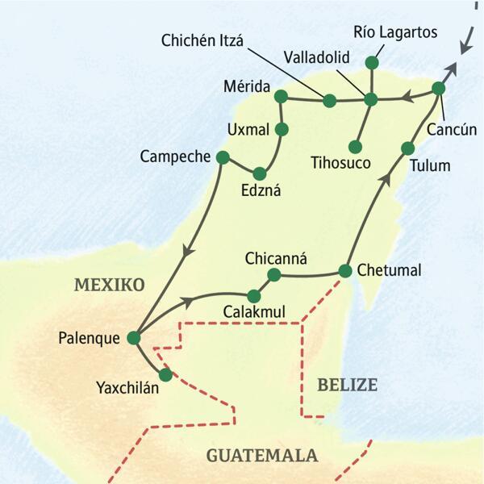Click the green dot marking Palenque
tap(134, 338)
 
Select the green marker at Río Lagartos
tap(371, 62)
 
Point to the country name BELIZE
tap(347, 385)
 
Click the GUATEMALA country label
tap(261, 456)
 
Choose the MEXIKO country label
tap(109, 285)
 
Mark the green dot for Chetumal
tap(345, 270)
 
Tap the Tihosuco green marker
tap(354, 146)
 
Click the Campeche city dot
tap(223, 156)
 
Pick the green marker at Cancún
tap(438, 88)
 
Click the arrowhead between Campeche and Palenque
tap(187, 250)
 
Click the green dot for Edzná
tap(259, 173)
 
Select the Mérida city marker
tap(281, 96)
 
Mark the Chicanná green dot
tap(273, 276)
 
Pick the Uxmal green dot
tap(282, 129)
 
